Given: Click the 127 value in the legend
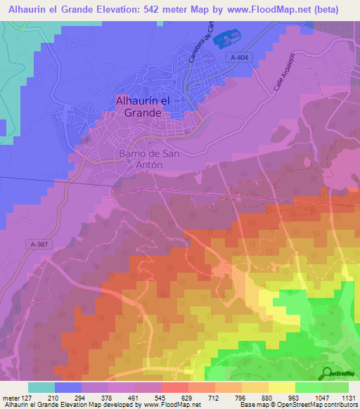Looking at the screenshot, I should (28, 397).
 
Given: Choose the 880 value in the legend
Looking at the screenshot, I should (269, 397).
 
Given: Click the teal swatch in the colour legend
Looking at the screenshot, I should (41, 387).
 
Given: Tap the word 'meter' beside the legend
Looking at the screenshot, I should (10, 397).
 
